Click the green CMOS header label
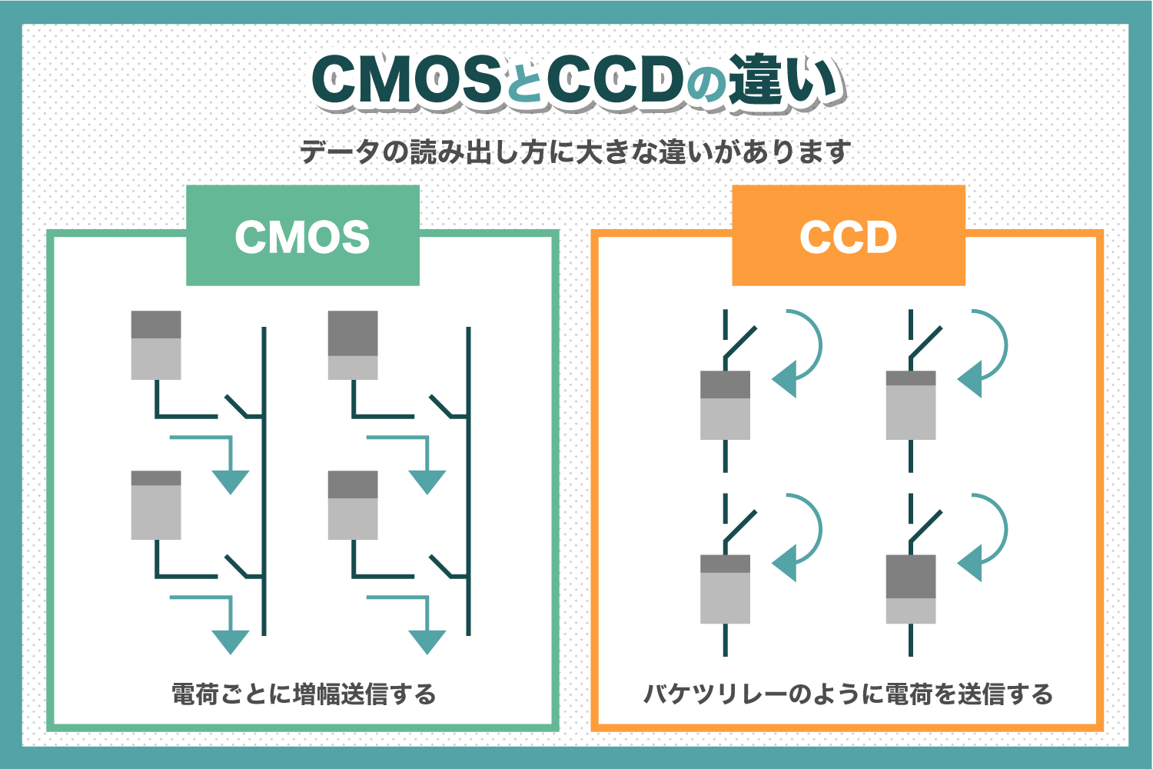[303, 236]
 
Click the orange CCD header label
[848, 236]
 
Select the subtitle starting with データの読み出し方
[575, 151]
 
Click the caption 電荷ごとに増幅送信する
[304, 694]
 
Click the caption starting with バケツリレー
[848, 694]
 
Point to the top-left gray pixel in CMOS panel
[156, 345]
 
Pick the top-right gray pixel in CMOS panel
[353, 345]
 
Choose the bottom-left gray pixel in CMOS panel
[156, 505]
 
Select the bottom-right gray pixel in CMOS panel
[353, 505]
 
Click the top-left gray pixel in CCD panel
[725, 405]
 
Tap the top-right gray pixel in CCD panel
[911, 405]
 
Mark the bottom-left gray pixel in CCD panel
[725, 589]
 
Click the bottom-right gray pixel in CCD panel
[911, 589]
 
